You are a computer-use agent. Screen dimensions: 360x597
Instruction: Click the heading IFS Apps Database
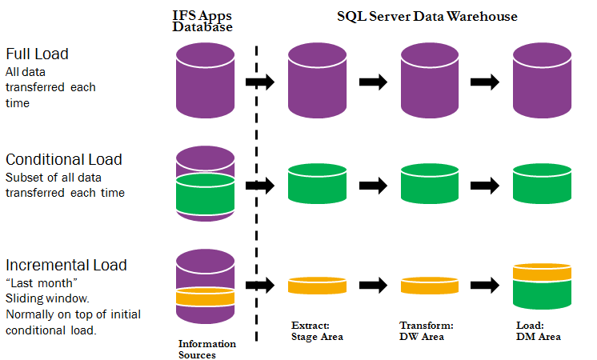(202, 21)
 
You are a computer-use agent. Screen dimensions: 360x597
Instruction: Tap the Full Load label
(37, 54)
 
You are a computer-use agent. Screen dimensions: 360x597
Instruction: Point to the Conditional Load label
(64, 159)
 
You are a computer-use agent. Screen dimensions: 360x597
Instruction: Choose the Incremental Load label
(66, 265)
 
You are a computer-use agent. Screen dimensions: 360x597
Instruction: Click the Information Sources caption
(206, 349)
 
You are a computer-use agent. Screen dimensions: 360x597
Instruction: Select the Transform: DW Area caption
(427, 331)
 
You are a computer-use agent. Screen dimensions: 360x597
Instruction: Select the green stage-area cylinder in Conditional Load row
(316, 183)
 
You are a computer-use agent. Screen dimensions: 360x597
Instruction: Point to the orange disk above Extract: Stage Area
(316, 285)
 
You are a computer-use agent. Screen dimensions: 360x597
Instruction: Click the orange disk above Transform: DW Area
(428, 285)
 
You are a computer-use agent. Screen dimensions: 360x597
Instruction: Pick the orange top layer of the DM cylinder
(541, 273)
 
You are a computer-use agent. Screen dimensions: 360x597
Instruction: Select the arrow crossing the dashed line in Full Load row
(259, 82)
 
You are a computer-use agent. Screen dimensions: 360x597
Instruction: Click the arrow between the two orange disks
(372, 285)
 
